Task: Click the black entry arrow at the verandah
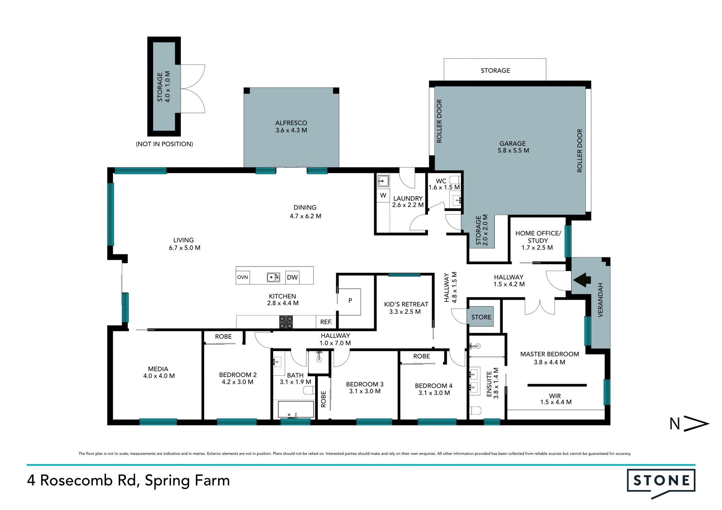pos(581,280)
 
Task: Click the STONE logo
pos(661,483)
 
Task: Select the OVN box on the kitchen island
pos(243,277)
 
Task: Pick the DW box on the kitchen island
pos(292,277)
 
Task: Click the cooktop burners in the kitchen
pos(286,322)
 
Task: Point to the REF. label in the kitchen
pos(326,322)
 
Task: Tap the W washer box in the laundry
pos(383,195)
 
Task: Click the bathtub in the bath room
pos(296,410)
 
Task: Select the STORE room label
pos(481,317)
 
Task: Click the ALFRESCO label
pos(291,123)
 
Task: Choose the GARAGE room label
pos(513,144)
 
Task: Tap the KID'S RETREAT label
pos(406,304)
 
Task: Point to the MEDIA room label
pos(158,369)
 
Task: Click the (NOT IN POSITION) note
pos(164,144)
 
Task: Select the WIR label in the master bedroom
pos(555,396)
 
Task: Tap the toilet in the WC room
pos(455,180)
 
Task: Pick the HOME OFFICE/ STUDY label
pos(538,237)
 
